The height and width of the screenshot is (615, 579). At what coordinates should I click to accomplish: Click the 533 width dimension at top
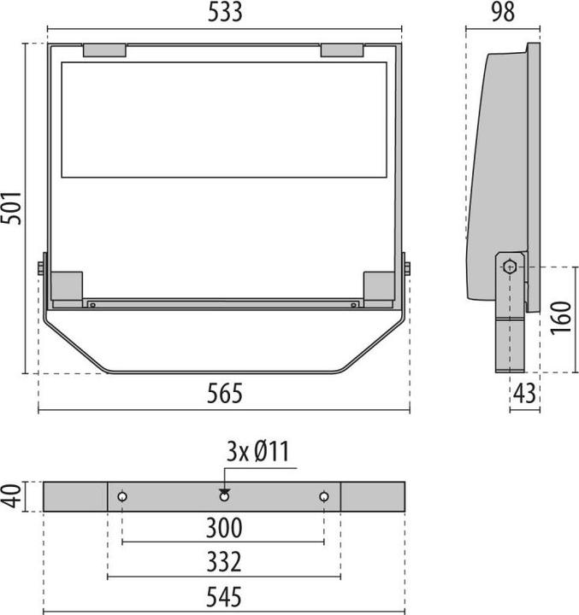pos(223,12)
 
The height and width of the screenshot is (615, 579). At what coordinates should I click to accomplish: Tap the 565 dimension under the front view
pos(224,394)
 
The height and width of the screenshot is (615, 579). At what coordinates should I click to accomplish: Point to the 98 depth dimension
pos(503,12)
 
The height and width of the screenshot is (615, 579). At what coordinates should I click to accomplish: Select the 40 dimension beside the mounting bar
pos(10,496)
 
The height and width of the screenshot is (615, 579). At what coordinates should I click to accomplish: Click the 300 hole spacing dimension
pos(224,528)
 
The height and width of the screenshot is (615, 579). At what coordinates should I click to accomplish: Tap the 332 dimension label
pos(224,562)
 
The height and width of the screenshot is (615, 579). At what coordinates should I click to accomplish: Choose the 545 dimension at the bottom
pos(224,597)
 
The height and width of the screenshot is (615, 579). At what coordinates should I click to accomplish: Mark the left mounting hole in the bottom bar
pos(122,496)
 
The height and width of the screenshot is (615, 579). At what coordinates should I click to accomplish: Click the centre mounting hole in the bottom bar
pos(224,496)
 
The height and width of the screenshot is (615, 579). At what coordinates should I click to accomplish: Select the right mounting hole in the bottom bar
pos(324,496)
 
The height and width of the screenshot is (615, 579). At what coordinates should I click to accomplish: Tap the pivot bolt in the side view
pos(510,266)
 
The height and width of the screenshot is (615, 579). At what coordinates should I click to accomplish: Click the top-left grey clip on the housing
pos(104,50)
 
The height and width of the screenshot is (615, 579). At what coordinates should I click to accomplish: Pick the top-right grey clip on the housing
pos(342,50)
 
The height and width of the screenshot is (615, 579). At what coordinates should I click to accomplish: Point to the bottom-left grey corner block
pos(67,285)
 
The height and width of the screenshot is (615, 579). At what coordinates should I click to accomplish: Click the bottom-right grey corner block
pos(378,285)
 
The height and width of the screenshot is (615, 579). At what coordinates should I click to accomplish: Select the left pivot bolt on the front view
pos(41,268)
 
